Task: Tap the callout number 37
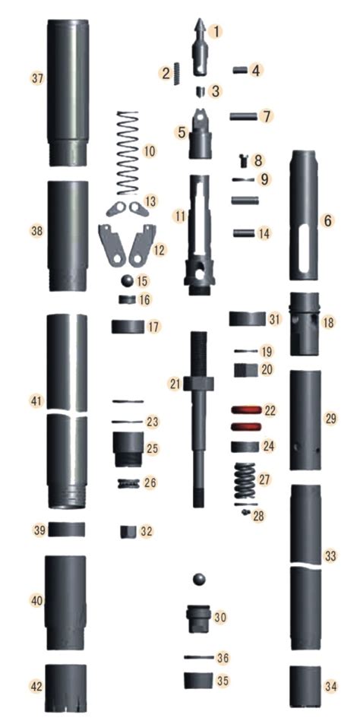[x=36, y=78]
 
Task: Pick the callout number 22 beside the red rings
[x=270, y=410]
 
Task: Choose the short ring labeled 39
[x=67, y=529]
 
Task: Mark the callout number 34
[x=330, y=686]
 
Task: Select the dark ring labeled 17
[x=128, y=327]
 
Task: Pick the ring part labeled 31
[x=246, y=318]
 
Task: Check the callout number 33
[x=330, y=556]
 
